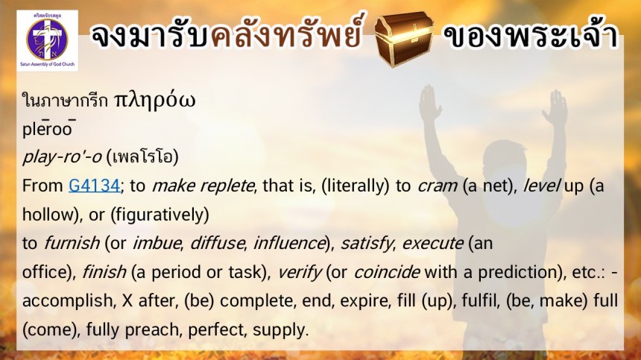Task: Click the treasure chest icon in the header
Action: point(403,38)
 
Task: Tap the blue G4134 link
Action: point(94,186)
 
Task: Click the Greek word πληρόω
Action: point(154,100)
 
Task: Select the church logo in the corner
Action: point(48,40)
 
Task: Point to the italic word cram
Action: point(437,186)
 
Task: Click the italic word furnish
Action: point(72,243)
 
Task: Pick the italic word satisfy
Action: point(367,244)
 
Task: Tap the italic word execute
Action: point(432,244)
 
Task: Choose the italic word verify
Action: point(300,273)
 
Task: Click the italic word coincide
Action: point(387,272)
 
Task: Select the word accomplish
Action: point(67,301)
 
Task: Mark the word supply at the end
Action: point(280,330)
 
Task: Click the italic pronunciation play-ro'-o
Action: point(62,157)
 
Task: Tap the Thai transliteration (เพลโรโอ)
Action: point(142,157)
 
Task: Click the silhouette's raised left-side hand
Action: point(429,104)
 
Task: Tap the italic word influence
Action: point(289,244)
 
